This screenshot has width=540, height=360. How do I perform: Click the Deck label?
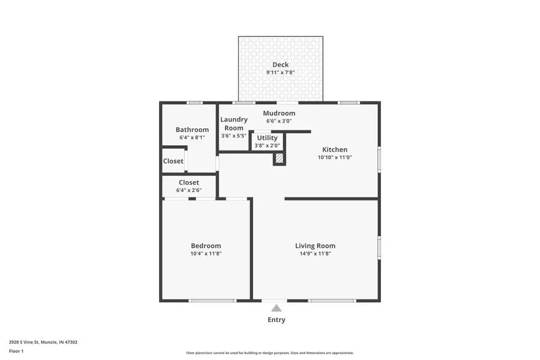pyautogui.click(x=280, y=65)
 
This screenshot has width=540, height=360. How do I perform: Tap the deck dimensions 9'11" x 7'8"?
pyautogui.click(x=280, y=73)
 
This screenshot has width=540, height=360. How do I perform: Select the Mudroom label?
pyautogui.click(x=279, y=113)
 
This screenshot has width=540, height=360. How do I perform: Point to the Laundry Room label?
pyautogui.click(x=233, y=124)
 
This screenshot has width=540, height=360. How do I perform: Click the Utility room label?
pyautogui.click(x=267, y=138)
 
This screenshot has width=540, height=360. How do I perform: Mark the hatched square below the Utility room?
pyautogui.click(x=279, y=158)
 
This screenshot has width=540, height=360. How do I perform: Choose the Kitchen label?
pyautogui.click(x=334, y=150)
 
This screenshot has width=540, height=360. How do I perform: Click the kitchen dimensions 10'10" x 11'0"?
pyautogui.click(x=334, y=158)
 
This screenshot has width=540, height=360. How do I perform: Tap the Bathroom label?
pyautogui.click(x=192, y=130)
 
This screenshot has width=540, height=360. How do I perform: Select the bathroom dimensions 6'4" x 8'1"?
pyautogui.click(x=192, y=137)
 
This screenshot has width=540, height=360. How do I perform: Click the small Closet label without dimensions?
pyautogui.click(x=173, y=161)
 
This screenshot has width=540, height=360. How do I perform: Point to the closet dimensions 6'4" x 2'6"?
pyautogui.click(x=188, y=190)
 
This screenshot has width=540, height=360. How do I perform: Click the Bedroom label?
pyautogui.click(x=206, y=246)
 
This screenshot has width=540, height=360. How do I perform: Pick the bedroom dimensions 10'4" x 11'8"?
pyautogui.click(x=206, y=254)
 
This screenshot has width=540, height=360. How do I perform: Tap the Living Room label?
pyautogui.click(x=315, y=246)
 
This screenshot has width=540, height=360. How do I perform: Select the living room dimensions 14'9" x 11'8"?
pyautogui.click(x=315, y=254)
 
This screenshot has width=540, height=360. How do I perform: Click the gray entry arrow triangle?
pyautogui.click(x=276, y=308)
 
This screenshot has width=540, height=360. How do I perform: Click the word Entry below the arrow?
pyautogui.click(x=276, y=320)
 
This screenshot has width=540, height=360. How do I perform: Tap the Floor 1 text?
pyautogui.click(x=16, y=350)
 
